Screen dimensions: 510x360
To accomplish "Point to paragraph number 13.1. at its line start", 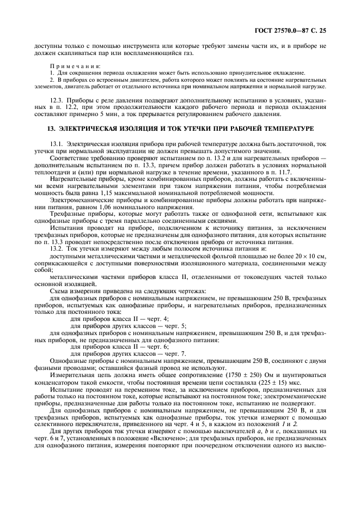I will (57, 143).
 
